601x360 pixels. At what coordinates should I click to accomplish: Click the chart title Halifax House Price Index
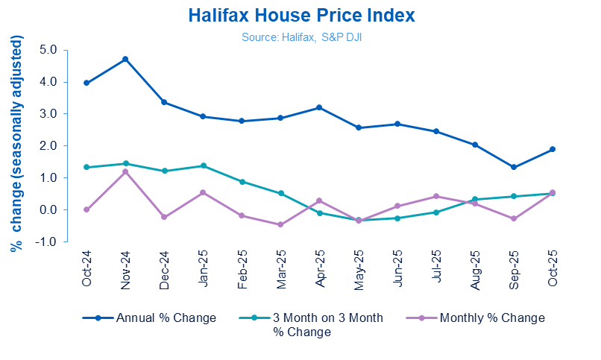pyautogui.click(x=301, y=16)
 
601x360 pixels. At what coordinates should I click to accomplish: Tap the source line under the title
pyautogui.click(x=300, y=36)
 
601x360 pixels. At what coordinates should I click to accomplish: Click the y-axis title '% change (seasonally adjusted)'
pyautogui.click(x=16, y=146)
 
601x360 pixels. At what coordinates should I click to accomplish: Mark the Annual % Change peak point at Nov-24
pyautogui.click(x=125, y=59)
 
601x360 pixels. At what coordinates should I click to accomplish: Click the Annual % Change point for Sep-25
pyautogui.click(x=514, y=167)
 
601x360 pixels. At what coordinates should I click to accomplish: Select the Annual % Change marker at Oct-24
pyautogui.click(x=86, y=83)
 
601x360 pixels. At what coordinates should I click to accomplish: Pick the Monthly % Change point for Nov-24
pyautogui.click(x=125, y=171)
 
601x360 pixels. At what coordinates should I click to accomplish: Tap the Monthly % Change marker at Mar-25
pyautogui.click(x=280, y=224)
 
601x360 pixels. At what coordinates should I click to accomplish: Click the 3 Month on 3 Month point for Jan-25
pyautogui.click(x=203, y=165)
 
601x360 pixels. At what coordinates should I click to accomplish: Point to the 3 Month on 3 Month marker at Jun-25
pyautogui.click(x=397, y=218)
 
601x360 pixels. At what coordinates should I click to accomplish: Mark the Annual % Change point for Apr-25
pyautogui.click(x=319, y=107)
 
